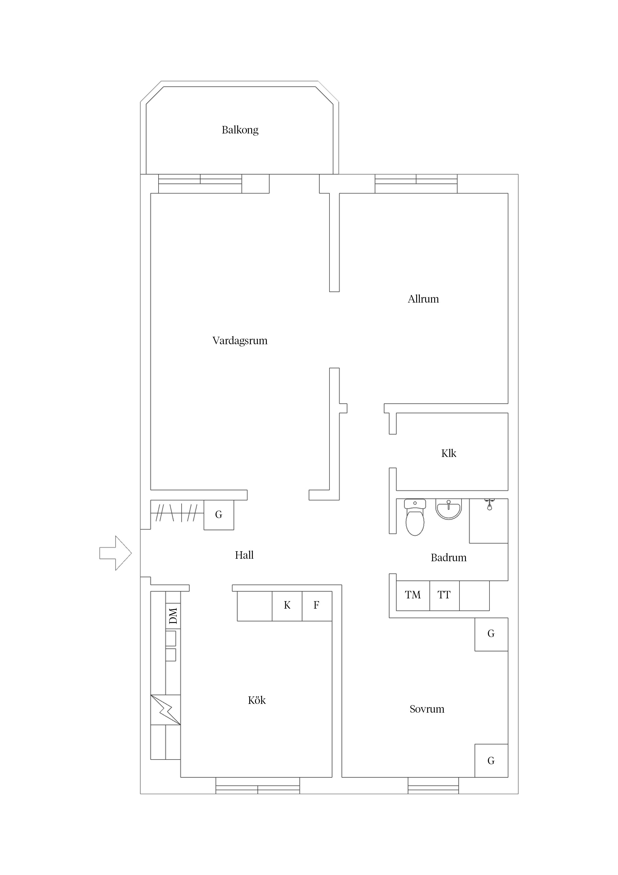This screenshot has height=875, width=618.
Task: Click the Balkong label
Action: tap(240, 130)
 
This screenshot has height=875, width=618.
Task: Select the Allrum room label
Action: tap(423, 299)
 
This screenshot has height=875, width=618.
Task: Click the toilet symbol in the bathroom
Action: tap(415, 518)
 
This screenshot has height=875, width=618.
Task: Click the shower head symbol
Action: tap(489, 505)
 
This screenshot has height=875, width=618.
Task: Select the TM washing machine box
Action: tap(413, 595)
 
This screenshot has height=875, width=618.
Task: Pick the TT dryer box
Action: tap(444, 595)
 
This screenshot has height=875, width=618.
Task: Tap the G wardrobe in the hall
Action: tap(219, 515)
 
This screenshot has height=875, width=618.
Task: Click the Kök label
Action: tap(257, 700)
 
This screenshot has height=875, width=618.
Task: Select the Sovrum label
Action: tap(427, 709)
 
